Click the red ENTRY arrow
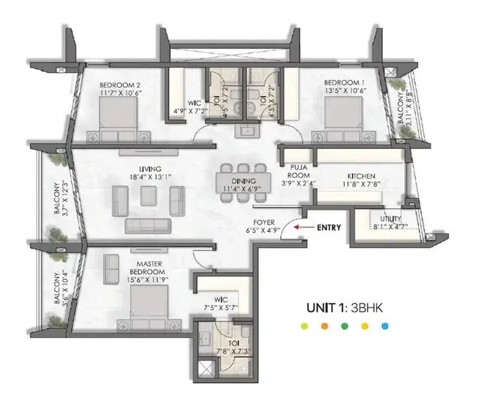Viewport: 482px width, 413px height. [x=303, y=228]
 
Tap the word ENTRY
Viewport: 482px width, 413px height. [x=329, y=228]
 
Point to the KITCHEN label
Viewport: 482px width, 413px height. [x=361, y=176]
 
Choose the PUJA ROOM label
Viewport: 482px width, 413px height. [x=299, y=171]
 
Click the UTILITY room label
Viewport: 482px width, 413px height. [x=390, y=219]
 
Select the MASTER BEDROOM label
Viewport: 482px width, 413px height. [x=147, y=268]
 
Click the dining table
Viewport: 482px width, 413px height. [x=243, y=183]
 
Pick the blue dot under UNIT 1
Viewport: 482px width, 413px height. [x=385, y=326]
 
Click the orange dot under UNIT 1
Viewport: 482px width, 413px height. [x=324, y=326]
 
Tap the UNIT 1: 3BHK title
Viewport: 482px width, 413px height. [x=345, y=308]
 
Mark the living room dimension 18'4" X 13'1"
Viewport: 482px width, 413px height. [x=150, y=177]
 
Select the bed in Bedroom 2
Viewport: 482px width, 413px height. [x=119, y=120]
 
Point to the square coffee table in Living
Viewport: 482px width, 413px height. [x=149, y=196]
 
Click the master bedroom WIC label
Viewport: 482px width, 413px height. [x=221, y=300]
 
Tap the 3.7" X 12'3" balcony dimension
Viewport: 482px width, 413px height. [x=65, y=198]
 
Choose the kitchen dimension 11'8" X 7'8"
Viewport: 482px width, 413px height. [x=362, y=184]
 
